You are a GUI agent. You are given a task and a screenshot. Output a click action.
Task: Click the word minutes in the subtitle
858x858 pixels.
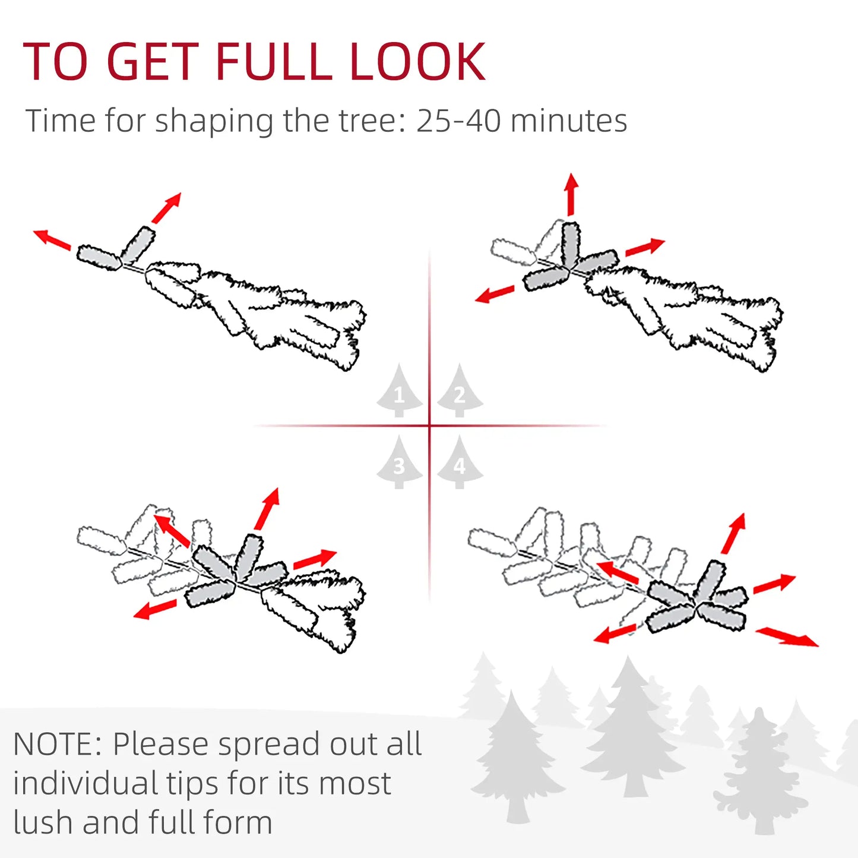click(568, 121)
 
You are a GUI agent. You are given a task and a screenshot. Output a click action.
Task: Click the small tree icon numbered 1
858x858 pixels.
click(399, 392)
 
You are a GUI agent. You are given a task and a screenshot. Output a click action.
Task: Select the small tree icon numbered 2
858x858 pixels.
click(460, 392)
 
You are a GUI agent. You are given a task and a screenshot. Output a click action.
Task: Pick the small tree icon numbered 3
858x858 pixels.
click(399, 464)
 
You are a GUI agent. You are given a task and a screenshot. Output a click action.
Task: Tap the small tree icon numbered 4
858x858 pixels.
click(460, 464)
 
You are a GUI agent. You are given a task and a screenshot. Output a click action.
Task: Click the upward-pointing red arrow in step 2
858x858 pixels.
click(571, 194)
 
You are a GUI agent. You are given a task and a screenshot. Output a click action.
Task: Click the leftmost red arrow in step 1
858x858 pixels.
click(52, 239)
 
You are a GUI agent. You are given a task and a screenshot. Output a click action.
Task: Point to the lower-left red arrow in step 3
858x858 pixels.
click(155, 610)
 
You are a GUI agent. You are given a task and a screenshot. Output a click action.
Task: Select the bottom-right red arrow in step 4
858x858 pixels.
click(787, 637)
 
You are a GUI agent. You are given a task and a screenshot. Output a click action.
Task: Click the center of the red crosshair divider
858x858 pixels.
click(429, 426)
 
